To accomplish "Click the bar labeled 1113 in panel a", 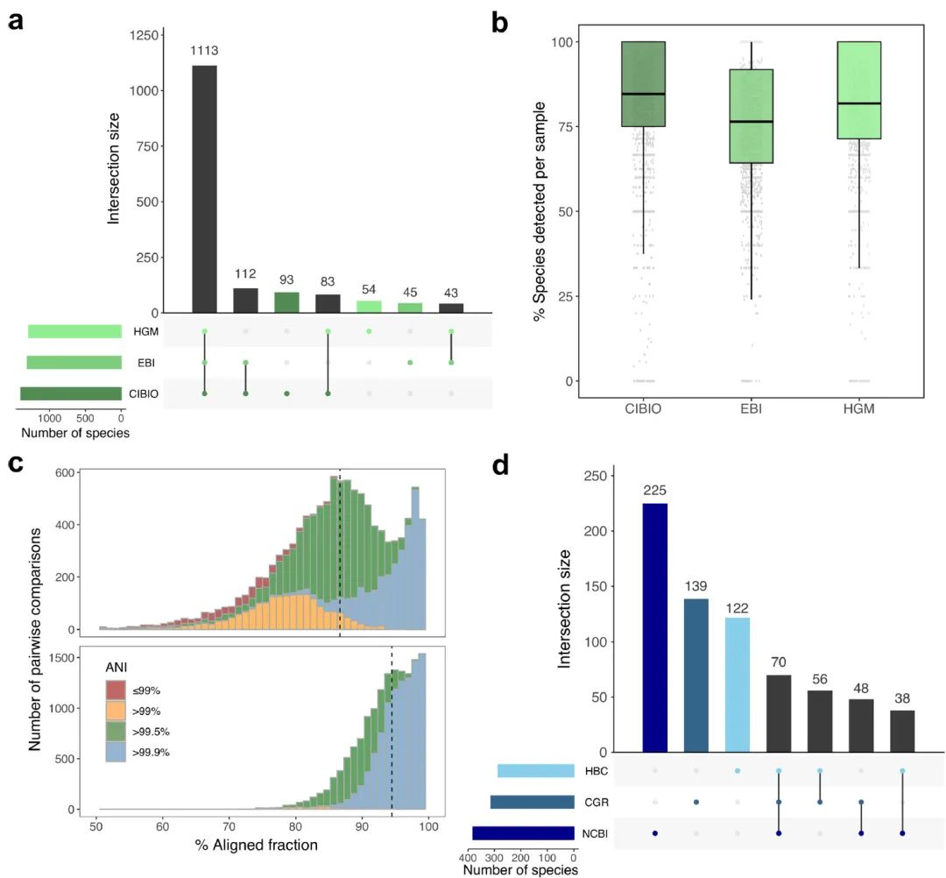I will [204, 189].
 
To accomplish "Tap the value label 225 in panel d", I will [655, 489].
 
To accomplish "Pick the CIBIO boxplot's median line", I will [642, 94].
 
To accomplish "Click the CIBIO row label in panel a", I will [143, 394].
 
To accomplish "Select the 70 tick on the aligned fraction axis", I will [229, 827].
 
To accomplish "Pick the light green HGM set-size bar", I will [74, 331].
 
